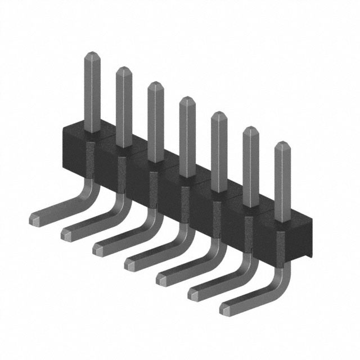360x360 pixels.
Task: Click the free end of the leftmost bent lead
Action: coord(35,218)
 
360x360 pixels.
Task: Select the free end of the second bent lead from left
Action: coord(66,233)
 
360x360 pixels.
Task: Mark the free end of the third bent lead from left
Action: coord(98,248)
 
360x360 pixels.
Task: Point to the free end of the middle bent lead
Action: coord(130,263)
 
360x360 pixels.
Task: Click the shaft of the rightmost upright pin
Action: coord(282,180)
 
